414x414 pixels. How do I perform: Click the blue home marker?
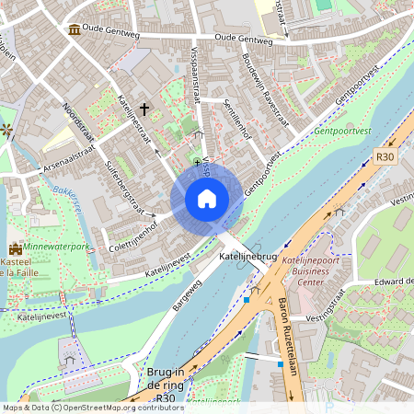[x=207, y=199]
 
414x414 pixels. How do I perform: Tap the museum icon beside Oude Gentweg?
[x=73, y=30]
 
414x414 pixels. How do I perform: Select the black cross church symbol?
[x=144, y=109]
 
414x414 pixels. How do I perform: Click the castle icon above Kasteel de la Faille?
[x=15, y=249]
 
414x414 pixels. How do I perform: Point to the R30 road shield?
[x=385, y=157]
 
